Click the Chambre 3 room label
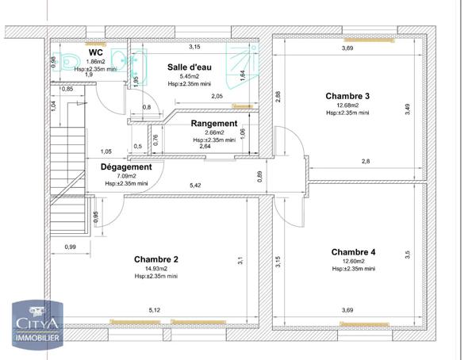click(347, 96)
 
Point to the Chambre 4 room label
click(353, 252)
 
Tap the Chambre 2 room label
click(156, 259)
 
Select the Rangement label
click(213, 124)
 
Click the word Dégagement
click(126, 167)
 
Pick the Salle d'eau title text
click(189, 67)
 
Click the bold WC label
click(97, 52)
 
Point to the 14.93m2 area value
click(155, 269)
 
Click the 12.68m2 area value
click(347, 105)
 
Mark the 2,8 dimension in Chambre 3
click(367, 162)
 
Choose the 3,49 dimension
click(408, 110)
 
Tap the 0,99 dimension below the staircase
click(71, 247)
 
